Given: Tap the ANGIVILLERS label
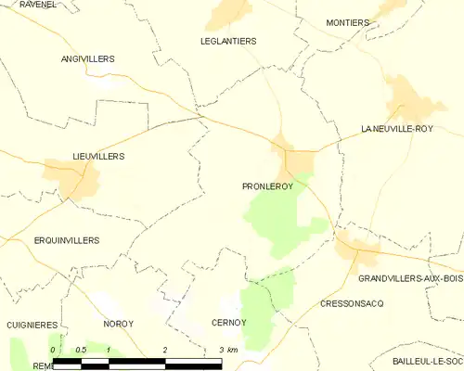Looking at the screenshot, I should pyautogui.click(x=87, y=58).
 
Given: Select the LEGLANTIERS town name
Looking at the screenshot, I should pyautogui.click(x=228, y=41).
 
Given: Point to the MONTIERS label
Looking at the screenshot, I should pyautogui.click(x=348, y=22).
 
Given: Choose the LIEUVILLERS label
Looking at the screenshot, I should pyautogui.click(x=97, y=157).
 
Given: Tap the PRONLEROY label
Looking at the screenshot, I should pyautogui.click(x=267, y=186).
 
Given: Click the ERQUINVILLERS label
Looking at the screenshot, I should pyautogui.click(x=66, y=240).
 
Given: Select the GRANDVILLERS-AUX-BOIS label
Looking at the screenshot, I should pyautogui.click(x=409, y=278).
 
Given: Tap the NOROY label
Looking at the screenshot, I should pyautogui.click(x=117, y=324).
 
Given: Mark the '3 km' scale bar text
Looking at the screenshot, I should pyautogui.click(x=228, y=349).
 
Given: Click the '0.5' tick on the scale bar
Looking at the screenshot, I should pyautogui.click(x=81, y=349).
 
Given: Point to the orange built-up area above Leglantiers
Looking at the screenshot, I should pyautogui.click(x=229, y=13).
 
